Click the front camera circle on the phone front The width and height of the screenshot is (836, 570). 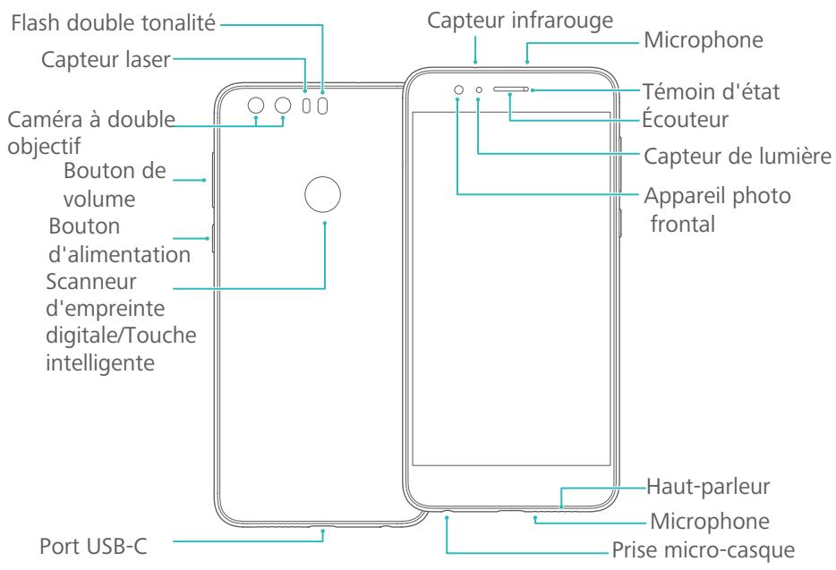click(x=458, y=90)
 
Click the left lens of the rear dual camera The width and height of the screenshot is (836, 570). click(x=257, y=106)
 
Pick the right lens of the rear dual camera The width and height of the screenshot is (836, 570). click(x=284, y=106)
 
